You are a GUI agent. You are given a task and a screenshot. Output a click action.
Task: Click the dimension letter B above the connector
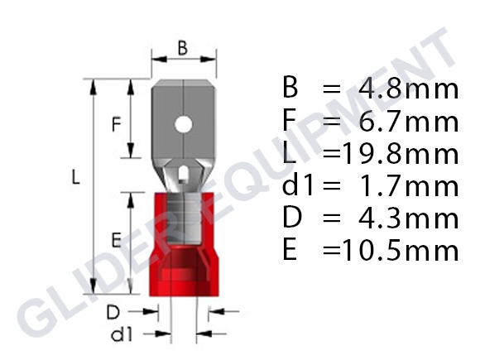[182, 49]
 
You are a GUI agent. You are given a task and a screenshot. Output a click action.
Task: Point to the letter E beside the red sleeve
[117, 240]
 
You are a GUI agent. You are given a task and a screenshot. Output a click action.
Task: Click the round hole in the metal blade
[183, 127]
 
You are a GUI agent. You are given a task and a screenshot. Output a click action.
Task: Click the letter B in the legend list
[290, 89]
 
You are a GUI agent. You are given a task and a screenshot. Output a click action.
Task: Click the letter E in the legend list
[290, 250]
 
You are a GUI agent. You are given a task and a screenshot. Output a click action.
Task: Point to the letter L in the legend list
[289, 153]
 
